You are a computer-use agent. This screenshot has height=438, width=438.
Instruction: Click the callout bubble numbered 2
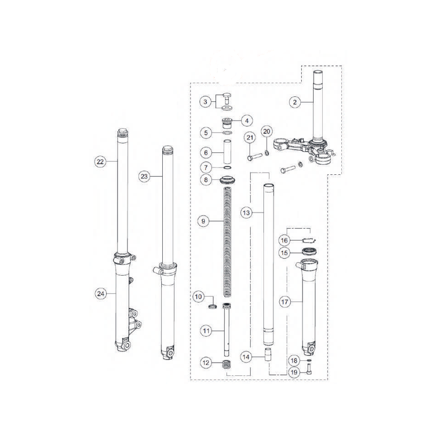[x=295, y=102]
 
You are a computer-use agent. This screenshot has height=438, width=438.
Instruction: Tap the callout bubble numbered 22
[x=100, y=162]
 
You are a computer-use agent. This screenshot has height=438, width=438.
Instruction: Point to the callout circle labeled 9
[x=204, y=221]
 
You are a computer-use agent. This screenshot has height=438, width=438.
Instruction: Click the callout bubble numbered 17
[x=286, y=301]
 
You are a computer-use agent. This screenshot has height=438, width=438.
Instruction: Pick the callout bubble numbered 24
[x=100, y=294]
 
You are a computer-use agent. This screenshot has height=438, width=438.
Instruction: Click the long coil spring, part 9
[x=227, y=243]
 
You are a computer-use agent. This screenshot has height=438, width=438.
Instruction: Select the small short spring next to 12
[x=228, y=364]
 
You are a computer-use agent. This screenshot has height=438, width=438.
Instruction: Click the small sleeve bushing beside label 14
[x=268, y=354]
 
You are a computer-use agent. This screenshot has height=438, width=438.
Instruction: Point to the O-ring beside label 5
[x=228, y=133]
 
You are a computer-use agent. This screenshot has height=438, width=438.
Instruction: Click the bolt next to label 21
[x=255, y=157]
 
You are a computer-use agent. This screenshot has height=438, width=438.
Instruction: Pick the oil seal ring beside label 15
[x=310, y=251]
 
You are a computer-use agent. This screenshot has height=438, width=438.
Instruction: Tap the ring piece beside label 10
[x=212, y=307]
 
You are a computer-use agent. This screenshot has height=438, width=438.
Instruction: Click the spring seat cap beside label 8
[x=228, y=179]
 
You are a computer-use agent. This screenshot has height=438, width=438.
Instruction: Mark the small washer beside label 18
[x=309, y=360]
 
